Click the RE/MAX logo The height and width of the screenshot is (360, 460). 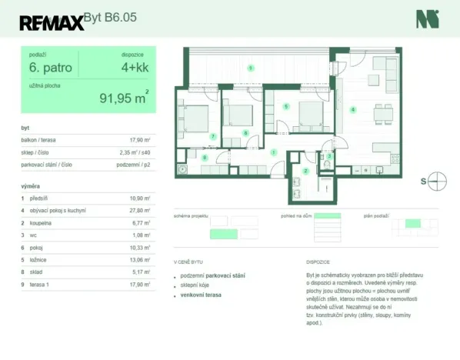52,22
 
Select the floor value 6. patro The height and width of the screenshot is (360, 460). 51,68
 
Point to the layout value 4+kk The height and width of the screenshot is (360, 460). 134,68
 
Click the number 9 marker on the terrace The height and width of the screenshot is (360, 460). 251,69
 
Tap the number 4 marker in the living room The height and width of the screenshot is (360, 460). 353,110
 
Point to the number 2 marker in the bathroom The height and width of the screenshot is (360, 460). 305,171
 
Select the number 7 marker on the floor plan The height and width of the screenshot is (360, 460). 212,137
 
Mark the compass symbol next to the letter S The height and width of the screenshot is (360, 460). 437,182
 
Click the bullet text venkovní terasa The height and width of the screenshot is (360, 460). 201,294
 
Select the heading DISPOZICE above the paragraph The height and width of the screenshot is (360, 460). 318,262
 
